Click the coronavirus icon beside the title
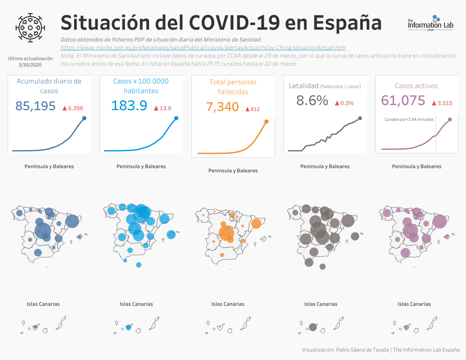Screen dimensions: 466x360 click(30, 28)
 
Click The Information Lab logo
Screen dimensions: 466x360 click(430, 23)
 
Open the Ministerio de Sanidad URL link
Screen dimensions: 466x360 click(203, 47)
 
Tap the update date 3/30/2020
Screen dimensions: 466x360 click(30, 65)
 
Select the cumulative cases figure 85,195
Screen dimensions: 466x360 click(35, 106)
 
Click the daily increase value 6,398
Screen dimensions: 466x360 click(75, 108)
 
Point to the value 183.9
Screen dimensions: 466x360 click(129, 105)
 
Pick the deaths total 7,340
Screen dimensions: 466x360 click(222, 107)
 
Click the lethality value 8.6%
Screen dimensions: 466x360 click(312, 100)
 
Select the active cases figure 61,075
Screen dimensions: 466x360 click(403, 100)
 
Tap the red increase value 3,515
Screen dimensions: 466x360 click(445, 103)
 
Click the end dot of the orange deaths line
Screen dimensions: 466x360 click(266, 122)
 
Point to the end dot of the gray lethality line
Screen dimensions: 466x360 click(360, 118)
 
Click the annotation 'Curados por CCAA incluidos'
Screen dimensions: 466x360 click(409, 119)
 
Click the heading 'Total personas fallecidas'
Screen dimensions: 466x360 click(233, 87)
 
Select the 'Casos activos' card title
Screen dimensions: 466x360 click(416, 86)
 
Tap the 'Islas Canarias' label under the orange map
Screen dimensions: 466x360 click(228, 304)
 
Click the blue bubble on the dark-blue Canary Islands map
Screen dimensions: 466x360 click(35, 327)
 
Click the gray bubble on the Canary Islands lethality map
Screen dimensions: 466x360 click(313, 327)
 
